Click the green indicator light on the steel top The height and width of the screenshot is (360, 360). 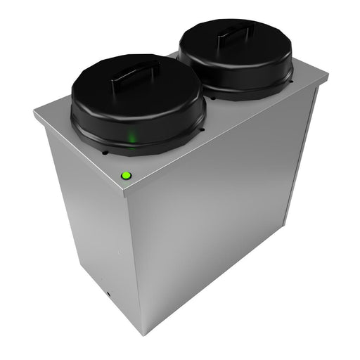coord(127,176)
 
